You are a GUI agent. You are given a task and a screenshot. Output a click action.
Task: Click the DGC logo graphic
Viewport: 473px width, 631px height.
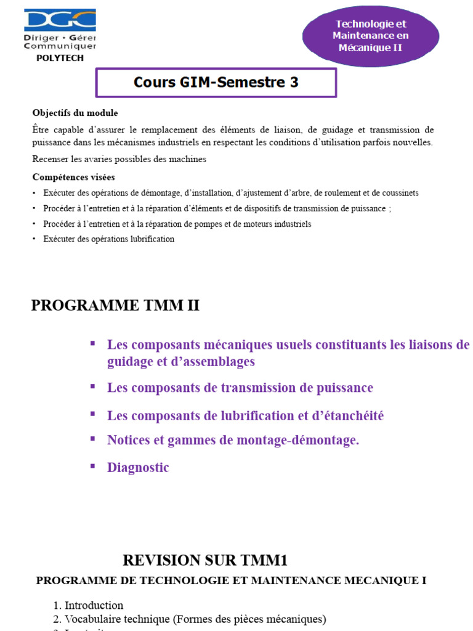point(60,21)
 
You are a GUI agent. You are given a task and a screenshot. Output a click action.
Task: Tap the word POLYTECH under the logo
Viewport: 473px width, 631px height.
point(60,58)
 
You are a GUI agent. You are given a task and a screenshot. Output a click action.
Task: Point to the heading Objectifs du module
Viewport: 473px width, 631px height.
point(75,113)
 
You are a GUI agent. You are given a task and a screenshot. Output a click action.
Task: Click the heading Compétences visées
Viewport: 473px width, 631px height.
point(73,177)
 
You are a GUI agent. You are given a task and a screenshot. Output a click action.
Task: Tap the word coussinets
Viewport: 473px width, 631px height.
point(398,193)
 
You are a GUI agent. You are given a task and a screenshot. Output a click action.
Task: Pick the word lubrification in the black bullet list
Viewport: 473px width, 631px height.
point(149,239)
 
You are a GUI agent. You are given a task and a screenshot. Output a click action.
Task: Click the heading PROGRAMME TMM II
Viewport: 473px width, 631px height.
point(115,305)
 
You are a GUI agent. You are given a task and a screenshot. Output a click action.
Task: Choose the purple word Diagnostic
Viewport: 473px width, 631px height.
point(138,468)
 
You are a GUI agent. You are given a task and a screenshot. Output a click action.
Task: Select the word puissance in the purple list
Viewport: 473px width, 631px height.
point(343,388)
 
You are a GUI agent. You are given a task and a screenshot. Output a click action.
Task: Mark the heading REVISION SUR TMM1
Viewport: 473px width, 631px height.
point(205,560)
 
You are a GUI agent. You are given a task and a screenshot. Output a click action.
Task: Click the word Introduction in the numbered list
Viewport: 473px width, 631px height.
point(94,605)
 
